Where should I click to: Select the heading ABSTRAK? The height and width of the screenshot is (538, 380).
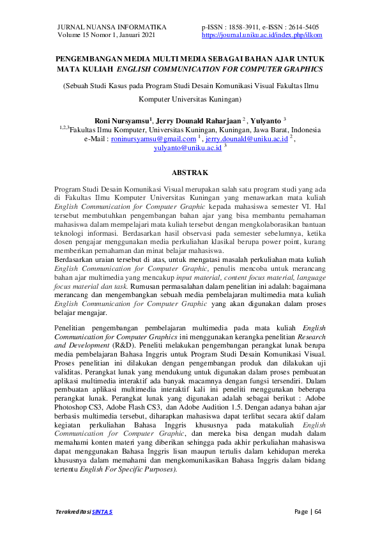click(x=190, y=173)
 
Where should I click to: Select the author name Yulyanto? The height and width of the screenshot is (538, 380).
click(x=264, y=119)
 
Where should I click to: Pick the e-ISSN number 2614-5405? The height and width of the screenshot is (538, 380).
click(x=299, y=27)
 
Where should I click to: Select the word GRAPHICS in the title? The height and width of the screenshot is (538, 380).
click(x=300, y=68)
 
